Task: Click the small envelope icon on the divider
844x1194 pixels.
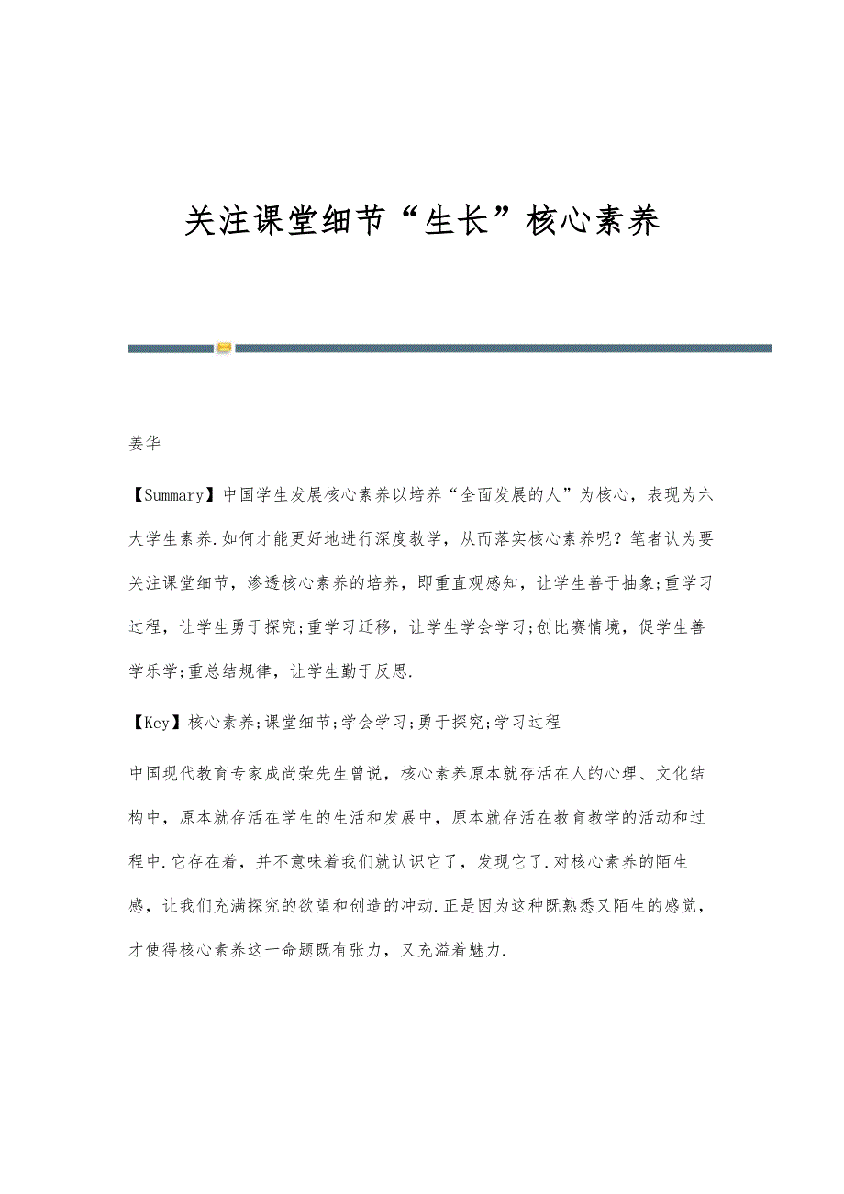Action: pos(225,348)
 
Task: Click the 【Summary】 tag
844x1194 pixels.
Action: pos(172,495)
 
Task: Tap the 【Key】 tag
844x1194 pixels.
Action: pos(157,722)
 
